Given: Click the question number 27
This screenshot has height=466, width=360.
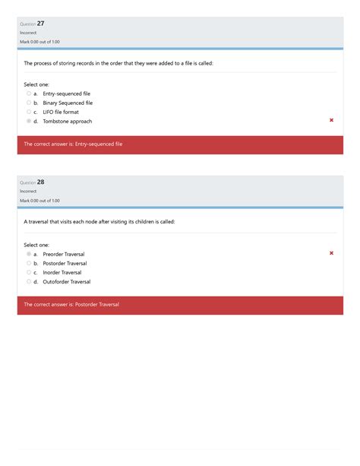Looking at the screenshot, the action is [40, 24].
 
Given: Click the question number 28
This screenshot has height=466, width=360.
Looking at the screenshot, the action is [40, 182].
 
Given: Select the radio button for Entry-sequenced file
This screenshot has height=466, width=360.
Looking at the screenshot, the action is [29, 94].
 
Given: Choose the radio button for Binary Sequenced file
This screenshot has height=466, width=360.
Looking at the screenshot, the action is [29, 103].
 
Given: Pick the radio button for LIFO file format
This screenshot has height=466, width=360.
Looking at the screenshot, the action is [29, 112].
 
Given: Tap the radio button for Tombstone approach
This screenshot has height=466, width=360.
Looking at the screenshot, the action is [29, 121].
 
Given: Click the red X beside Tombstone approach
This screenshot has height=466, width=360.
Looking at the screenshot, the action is [331, 120].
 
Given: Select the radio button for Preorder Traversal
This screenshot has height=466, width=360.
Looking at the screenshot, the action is [29, 254].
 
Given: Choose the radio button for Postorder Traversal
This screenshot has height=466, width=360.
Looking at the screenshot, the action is [29, 263].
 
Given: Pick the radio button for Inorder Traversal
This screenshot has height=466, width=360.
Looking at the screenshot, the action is [29, 272].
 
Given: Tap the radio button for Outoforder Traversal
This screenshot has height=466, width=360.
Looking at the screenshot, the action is [29, 281].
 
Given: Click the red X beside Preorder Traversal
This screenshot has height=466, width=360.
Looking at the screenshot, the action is [331, 253].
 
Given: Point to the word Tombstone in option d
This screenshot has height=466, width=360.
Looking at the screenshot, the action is [55, 121].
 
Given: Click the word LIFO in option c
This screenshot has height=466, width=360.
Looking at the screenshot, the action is [49, 112].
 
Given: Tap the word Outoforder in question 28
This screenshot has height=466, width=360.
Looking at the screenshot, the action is [57, 281].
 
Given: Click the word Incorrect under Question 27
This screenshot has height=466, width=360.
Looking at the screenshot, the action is [28, 33].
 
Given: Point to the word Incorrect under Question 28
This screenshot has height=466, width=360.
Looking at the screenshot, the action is [28, 192].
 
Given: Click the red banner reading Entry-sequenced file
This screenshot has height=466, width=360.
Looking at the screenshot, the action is [180, 144].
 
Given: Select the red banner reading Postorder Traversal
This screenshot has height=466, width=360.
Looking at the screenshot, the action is [180, 304].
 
